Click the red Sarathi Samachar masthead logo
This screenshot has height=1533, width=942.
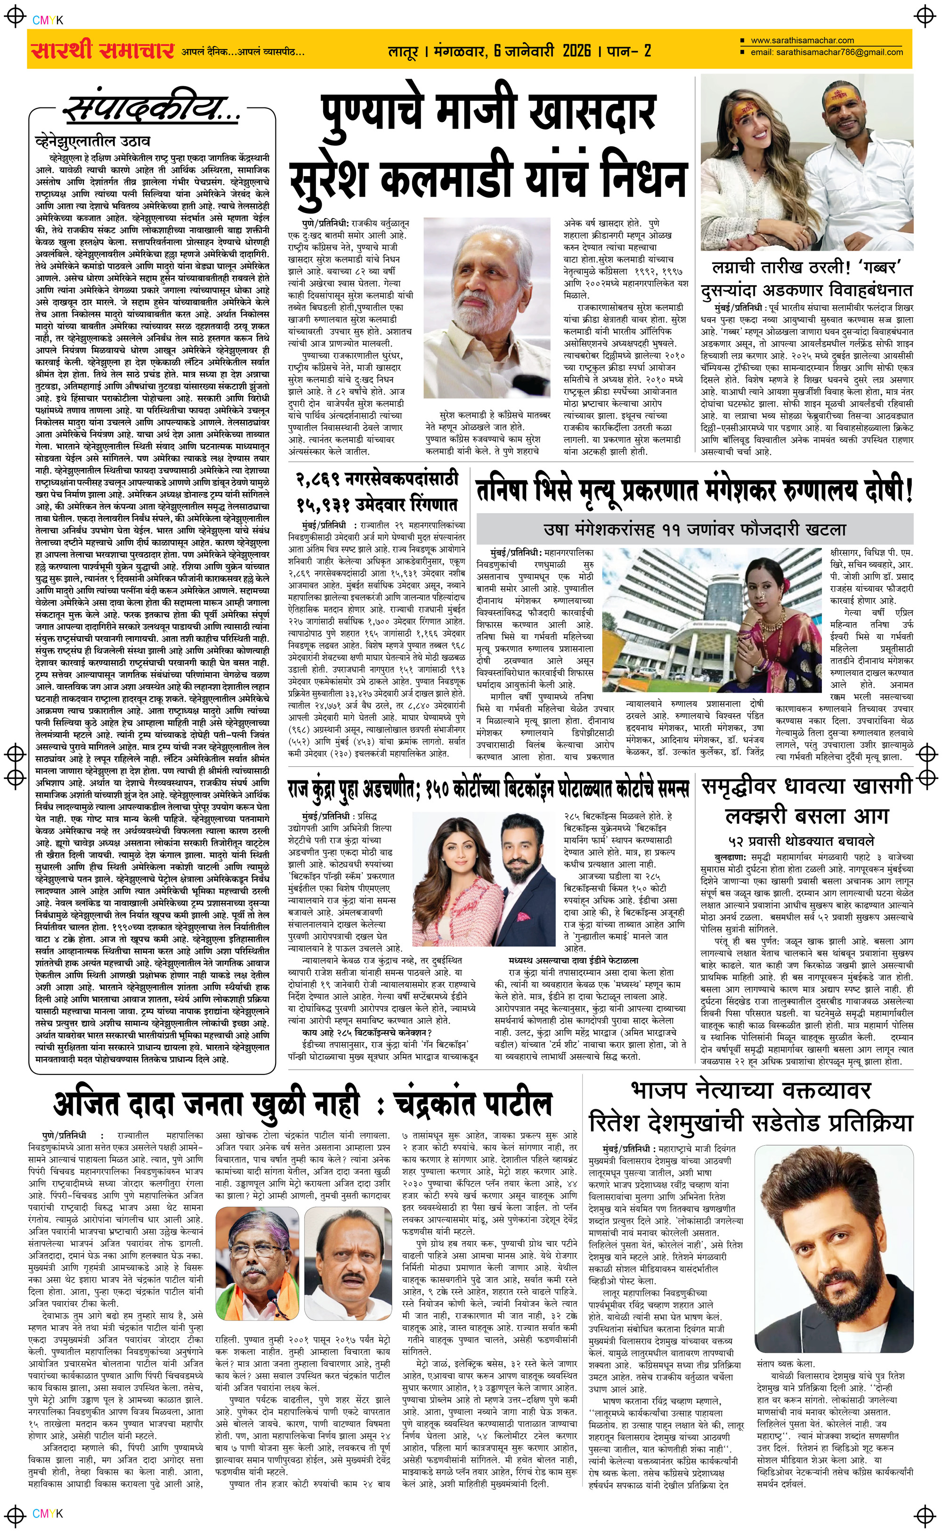(x=102, y=50)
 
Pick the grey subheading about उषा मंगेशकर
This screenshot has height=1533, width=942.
(x=694, y=530)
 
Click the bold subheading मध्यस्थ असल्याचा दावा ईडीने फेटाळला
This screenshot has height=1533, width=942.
(x=573, y=960)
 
